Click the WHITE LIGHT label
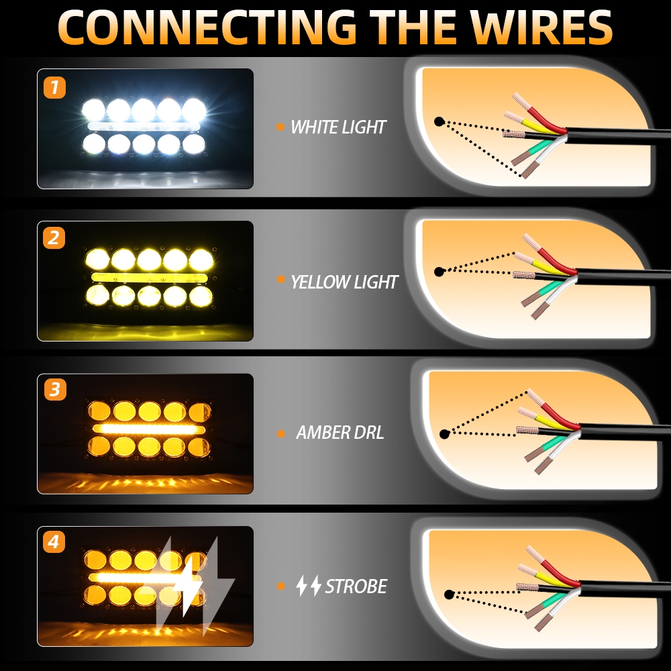tap(338, 127)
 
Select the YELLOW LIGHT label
tap(344, 282)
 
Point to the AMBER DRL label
tap(340, 433)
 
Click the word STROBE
tap(356, 586)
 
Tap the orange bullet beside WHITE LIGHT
tap(280, 126)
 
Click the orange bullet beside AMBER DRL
tap(280, 433)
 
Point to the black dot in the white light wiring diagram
tap(439, 122)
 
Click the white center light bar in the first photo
tap(144, 126)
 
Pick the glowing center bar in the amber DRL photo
tap(148, 429)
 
